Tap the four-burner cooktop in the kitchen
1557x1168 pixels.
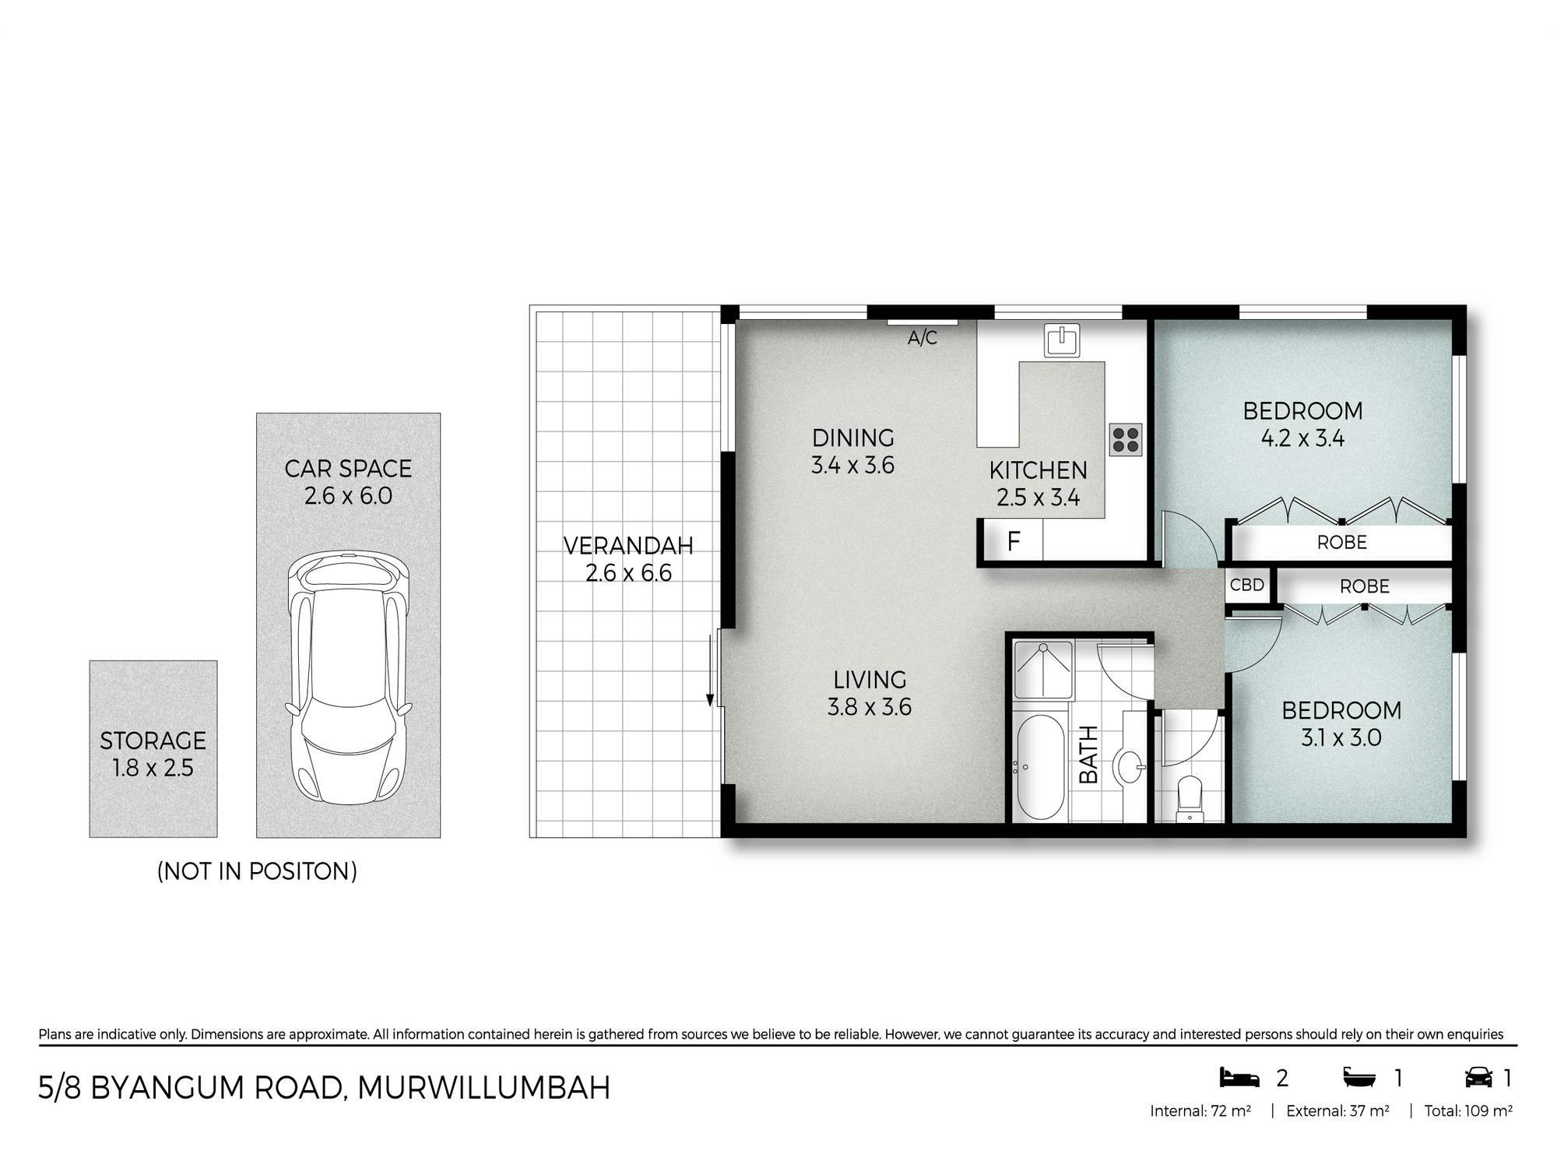[x=1126, y=439]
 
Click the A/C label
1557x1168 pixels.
[x=923, y=338]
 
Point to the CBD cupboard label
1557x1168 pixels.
[x=1247, y=585]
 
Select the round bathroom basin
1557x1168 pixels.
[x=1128, y=767]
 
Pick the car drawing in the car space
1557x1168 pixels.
[x=348, y=678]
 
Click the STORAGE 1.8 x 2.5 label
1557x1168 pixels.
[x=153, y=754]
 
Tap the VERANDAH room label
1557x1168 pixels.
[x=628, y=546]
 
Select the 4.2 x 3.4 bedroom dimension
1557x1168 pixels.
[x=1302, y=438]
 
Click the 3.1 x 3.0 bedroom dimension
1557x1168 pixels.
[x=1341, y=737]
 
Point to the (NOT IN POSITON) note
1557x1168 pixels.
[x=257, y=871]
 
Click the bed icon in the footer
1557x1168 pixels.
[x=1239, y=1078]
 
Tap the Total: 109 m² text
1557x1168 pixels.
[x=1468, y=1111]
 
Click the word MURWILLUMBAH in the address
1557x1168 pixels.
[x=483, y=1088]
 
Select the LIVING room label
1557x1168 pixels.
[x=870, y=680]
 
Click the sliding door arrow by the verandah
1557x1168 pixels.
[x=710, y=670]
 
